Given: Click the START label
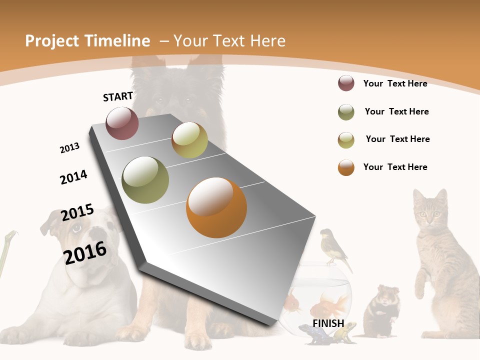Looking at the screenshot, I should [118, 96].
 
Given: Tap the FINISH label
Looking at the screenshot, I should [328, 323].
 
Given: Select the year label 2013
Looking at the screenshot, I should [69, 148].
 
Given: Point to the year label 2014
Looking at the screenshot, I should [73, 177].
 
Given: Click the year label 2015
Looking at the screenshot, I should [77, 212].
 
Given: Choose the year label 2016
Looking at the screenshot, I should [85, 253].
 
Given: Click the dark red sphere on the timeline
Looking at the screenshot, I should [122, 123].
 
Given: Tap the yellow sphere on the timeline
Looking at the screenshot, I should [189, 140].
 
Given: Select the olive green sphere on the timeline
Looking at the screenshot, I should [145, 180].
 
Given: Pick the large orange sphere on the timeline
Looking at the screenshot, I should [216, 207].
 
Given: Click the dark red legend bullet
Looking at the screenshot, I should [346, 83].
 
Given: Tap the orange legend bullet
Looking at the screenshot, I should [346, 167].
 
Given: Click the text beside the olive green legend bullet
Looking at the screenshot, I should [396, 111].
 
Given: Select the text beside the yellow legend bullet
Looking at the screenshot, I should [397, 139].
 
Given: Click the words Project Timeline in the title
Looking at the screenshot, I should [87, 41].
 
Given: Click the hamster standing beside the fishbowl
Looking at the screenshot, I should [382, 310].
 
